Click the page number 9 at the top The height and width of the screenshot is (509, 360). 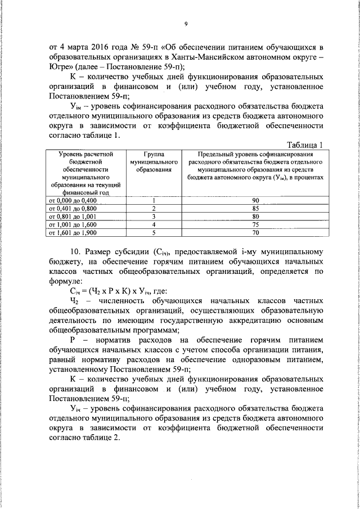tap(186, 23)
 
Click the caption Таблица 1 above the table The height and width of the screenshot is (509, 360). tap(306, 145)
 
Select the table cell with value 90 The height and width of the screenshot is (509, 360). tap(255, 200)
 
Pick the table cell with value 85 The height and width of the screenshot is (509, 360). tap(255, 208)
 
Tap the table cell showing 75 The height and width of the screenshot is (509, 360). tap(255, 223)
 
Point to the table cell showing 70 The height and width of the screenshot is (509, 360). tap(255, 231)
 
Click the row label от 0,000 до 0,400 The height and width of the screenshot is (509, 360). tap(73, 200)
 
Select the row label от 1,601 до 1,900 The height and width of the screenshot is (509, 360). tap(73, 231)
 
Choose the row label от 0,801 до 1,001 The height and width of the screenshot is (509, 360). tap(73, 216)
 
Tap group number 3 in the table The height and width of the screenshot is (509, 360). tap(153, 216)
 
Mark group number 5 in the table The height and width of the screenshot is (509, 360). tap(153, 231)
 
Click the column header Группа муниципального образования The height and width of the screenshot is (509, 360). tap(153, 161)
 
